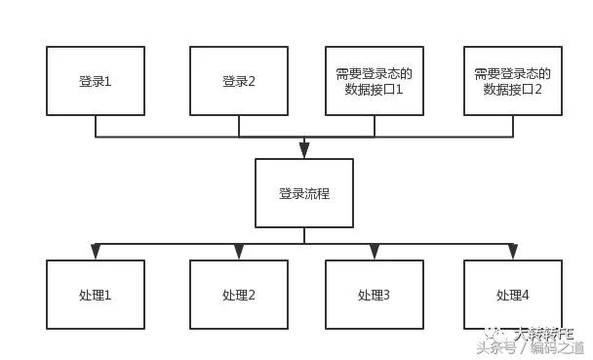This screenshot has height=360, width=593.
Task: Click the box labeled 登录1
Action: (96, 81)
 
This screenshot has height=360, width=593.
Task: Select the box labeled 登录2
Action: (239, 81)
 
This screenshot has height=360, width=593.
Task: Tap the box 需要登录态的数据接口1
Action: (374, 81)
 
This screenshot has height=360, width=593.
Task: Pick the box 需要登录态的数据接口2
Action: (512, 81)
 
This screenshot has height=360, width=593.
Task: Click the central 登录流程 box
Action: (304, 193)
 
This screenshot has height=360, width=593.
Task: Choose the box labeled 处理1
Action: (96, 294)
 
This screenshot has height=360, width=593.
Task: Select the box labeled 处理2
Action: (239, 294)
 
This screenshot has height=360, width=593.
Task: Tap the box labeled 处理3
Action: (374, 294)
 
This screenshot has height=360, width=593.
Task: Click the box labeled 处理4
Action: (512, 294)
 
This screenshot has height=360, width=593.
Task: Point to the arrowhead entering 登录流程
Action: (304, 150)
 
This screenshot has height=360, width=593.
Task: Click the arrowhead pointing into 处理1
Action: (96, 253)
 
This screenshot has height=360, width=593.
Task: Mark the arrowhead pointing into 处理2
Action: (239, 253)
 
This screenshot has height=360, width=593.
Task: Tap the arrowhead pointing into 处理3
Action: (374, 253)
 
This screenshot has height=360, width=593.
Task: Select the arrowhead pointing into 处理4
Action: (512, 253)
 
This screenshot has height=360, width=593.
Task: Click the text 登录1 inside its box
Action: (96, 81)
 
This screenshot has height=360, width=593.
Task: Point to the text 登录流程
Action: (304, 193)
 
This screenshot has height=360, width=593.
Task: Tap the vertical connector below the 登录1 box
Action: (96, 126)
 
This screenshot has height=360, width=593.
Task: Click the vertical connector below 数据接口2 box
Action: (512, 126)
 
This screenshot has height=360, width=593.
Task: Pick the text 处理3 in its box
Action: (374, 295)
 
